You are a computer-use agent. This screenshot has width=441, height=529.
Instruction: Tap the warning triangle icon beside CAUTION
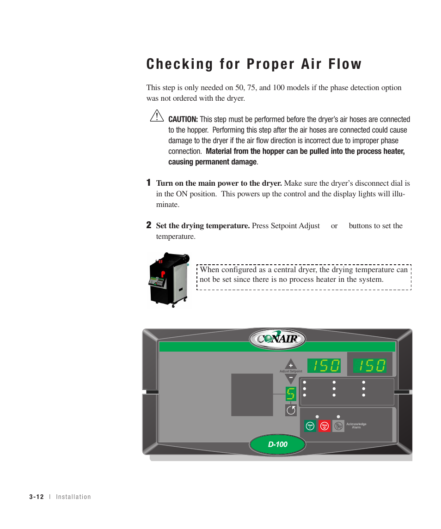click(x=157, y=116)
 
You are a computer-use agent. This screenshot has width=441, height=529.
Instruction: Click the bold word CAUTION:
click(x=183, y=120)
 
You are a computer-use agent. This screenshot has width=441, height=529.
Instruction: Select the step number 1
click(x=149, y=183)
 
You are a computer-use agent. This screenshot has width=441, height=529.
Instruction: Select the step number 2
click(x=149, y=225)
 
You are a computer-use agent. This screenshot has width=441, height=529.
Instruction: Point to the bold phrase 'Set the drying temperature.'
click(x=203, y=226)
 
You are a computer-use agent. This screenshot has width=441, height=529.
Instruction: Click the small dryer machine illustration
click(x=169, y=280)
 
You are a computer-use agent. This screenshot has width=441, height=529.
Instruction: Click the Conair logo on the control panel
click(x=277, y=339)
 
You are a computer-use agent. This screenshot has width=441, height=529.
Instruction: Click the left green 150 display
click(x=324, y=366)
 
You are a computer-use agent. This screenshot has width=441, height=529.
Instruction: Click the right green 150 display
click(x=370, y=366)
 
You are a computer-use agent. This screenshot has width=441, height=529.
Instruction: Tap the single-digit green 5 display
click(x=291, y=394)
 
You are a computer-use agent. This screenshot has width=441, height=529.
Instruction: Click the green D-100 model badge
click(x=277, y=444)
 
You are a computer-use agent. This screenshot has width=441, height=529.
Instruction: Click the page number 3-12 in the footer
click(x=36, y=497)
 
